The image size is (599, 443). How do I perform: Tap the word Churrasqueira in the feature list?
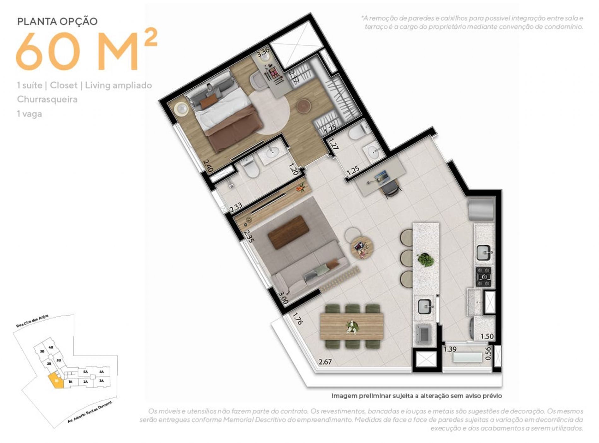point(47,99)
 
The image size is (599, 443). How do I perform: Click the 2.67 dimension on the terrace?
point(325,362)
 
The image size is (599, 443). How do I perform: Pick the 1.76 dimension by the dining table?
point(297,319)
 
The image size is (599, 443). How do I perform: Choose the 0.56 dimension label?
point(488,353)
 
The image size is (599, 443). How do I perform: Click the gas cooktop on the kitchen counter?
point(483,276)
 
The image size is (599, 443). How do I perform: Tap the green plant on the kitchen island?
point(426,260)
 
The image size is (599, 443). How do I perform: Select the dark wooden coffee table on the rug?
point(288,232)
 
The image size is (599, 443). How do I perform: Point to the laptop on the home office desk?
point(380,177)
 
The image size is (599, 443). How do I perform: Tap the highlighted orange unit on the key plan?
point(56,381)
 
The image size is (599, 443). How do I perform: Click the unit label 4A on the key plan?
point(102,372)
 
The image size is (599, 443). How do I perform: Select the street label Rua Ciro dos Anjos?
point(32,321)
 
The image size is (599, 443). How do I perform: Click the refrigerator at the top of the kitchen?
point(481,209)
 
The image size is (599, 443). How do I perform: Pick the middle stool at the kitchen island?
point(406,258)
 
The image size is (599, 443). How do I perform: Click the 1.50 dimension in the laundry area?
point(487,336)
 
